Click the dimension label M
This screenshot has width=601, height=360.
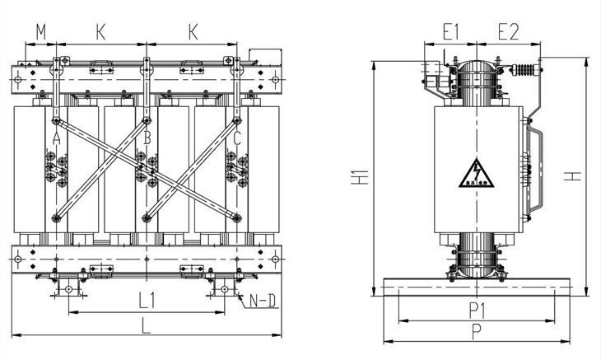coord(41,32)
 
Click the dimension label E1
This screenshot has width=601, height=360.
coord(450,32)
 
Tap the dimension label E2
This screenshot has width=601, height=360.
coord(509,32)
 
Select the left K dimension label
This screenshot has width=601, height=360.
coord(100,32)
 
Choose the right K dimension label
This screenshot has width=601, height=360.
coord(193,32)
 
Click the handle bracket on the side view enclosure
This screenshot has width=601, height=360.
coord(536,165)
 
